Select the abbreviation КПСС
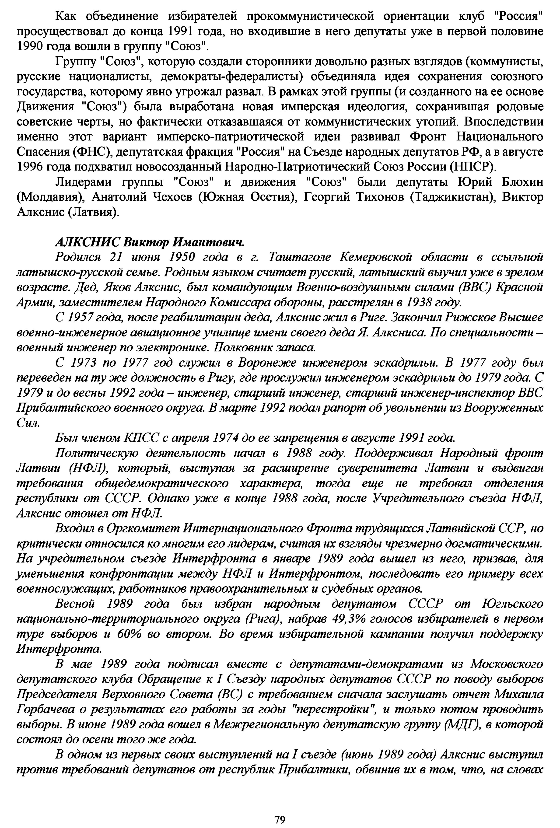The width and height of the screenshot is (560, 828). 140,437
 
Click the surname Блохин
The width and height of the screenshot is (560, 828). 522,182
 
